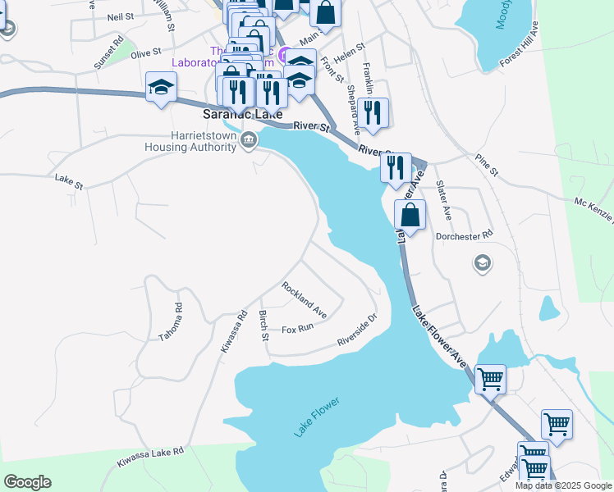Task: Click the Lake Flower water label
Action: tap(317, 417)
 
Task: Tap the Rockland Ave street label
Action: tap(305, 300)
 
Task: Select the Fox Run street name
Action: tap(298, 328)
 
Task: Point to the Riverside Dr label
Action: tap(357, 331)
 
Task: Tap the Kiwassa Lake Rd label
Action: tap(149, 457)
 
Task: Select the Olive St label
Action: tap(144, 53)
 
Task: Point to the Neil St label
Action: tap(120, 16)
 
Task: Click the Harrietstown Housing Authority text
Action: tap(190, 141)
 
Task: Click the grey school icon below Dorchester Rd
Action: tap(483, 262)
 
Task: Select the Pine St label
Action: tap(487, 164)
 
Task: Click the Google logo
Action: tap(27, 482)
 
